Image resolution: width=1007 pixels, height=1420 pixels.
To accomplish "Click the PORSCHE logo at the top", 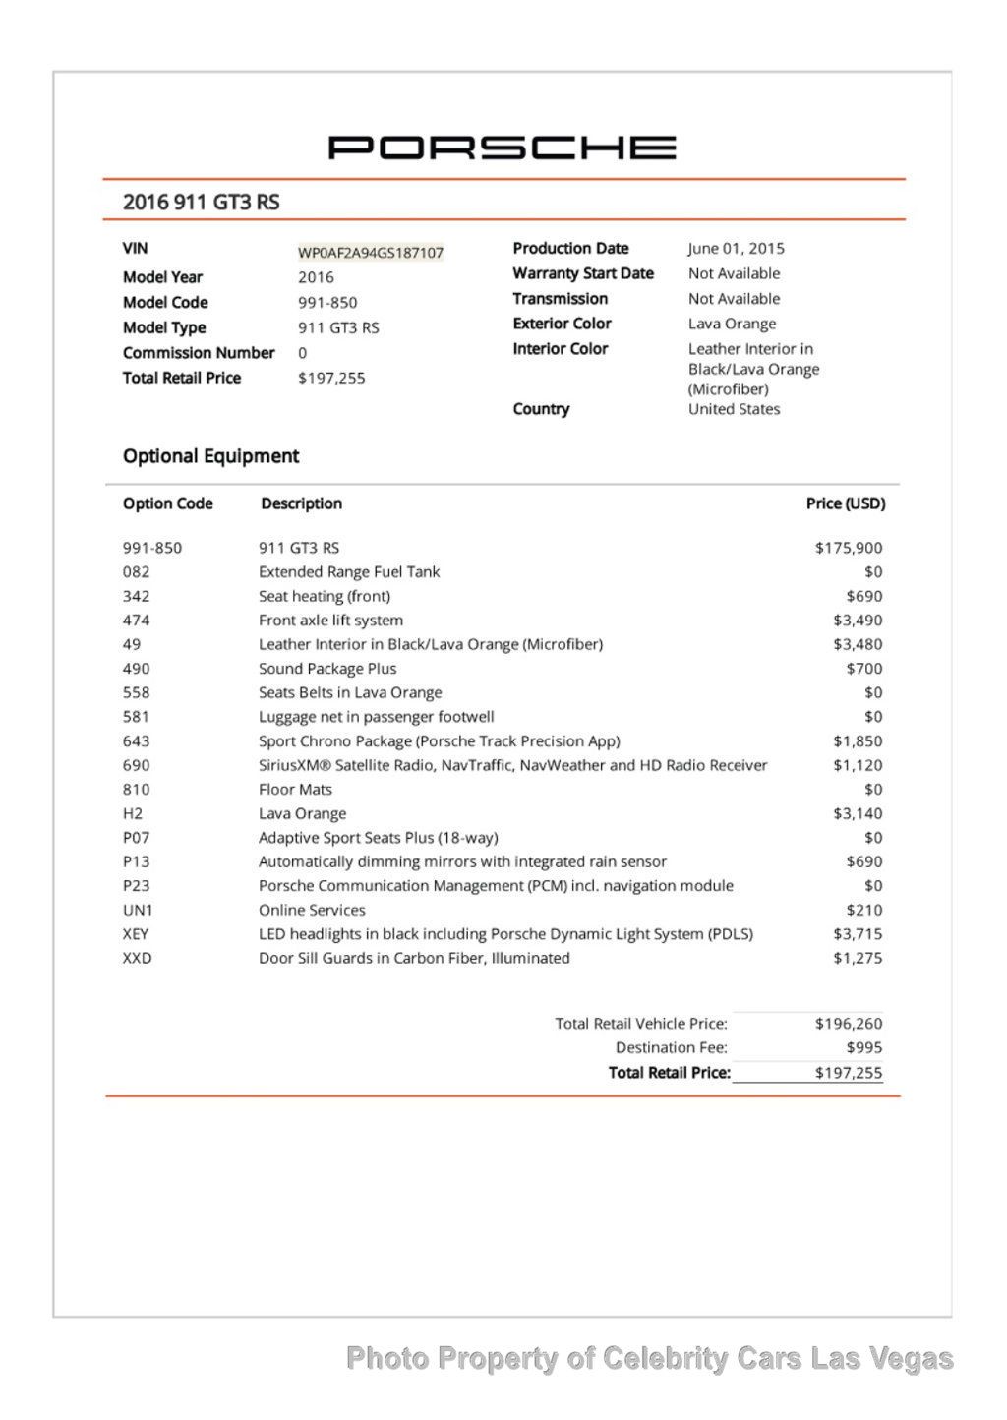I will pos(502,148).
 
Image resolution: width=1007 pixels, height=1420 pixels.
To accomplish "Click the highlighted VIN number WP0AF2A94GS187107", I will pos(371,253).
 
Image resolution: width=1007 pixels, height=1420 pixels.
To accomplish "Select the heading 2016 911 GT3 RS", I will pos(201,203).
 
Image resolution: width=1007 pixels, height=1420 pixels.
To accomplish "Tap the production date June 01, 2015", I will pos(736,249).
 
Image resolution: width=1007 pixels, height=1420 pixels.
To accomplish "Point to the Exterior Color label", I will pos(562,324).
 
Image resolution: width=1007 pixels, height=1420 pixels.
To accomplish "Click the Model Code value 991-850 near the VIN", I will pos(327,303).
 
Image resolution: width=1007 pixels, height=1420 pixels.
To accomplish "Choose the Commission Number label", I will pos(199,353).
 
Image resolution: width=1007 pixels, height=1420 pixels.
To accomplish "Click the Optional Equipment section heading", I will pos(210,456).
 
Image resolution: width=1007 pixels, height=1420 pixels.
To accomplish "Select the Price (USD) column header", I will pos(845,503).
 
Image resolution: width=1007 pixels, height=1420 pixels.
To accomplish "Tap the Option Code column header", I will pos(167,503).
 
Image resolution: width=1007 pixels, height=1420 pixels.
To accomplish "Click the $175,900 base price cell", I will pos(848,548).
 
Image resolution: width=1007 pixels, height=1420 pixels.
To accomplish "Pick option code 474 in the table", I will pos(137,621).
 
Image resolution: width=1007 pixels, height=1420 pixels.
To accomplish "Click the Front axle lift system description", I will pos(330,621).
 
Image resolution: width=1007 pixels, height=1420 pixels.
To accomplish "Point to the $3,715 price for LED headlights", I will pos(858,934).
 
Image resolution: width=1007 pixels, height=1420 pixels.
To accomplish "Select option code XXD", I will pos(138,958).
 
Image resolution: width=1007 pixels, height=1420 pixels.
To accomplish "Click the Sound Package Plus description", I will pos(327,669).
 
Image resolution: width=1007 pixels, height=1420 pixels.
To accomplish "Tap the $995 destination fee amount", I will pos(863,1048).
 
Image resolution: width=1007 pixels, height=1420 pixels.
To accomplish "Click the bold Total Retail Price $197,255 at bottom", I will pos(848,1073).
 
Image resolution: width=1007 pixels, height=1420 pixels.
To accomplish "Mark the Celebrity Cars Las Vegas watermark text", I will pos(649,1359).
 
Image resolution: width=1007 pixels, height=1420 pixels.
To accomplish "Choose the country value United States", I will pos(734,409).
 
